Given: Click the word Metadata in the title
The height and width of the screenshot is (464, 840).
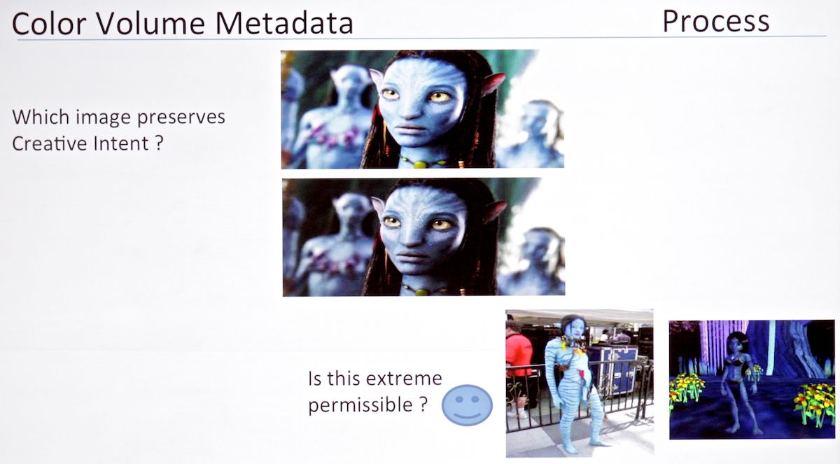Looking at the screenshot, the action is [x=284, y=23].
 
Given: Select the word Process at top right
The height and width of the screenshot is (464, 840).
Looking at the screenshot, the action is [x=716, y=22].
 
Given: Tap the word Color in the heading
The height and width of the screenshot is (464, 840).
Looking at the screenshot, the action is [x=50, y=23].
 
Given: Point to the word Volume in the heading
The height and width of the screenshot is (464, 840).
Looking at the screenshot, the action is [x=151, y=23].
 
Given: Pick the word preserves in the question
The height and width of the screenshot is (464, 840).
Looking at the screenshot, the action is [x=181, y=118].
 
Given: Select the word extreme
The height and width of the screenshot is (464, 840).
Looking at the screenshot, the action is [x=404, y=378].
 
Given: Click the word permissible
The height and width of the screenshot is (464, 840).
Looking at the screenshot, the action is [x=360, y=405].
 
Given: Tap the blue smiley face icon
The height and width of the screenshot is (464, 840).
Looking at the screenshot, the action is [x=467, y=405].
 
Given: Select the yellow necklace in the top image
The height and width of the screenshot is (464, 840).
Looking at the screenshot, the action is [x=423, y=163].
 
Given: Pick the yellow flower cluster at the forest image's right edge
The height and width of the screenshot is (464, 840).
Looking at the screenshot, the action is [x=815, y=404].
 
